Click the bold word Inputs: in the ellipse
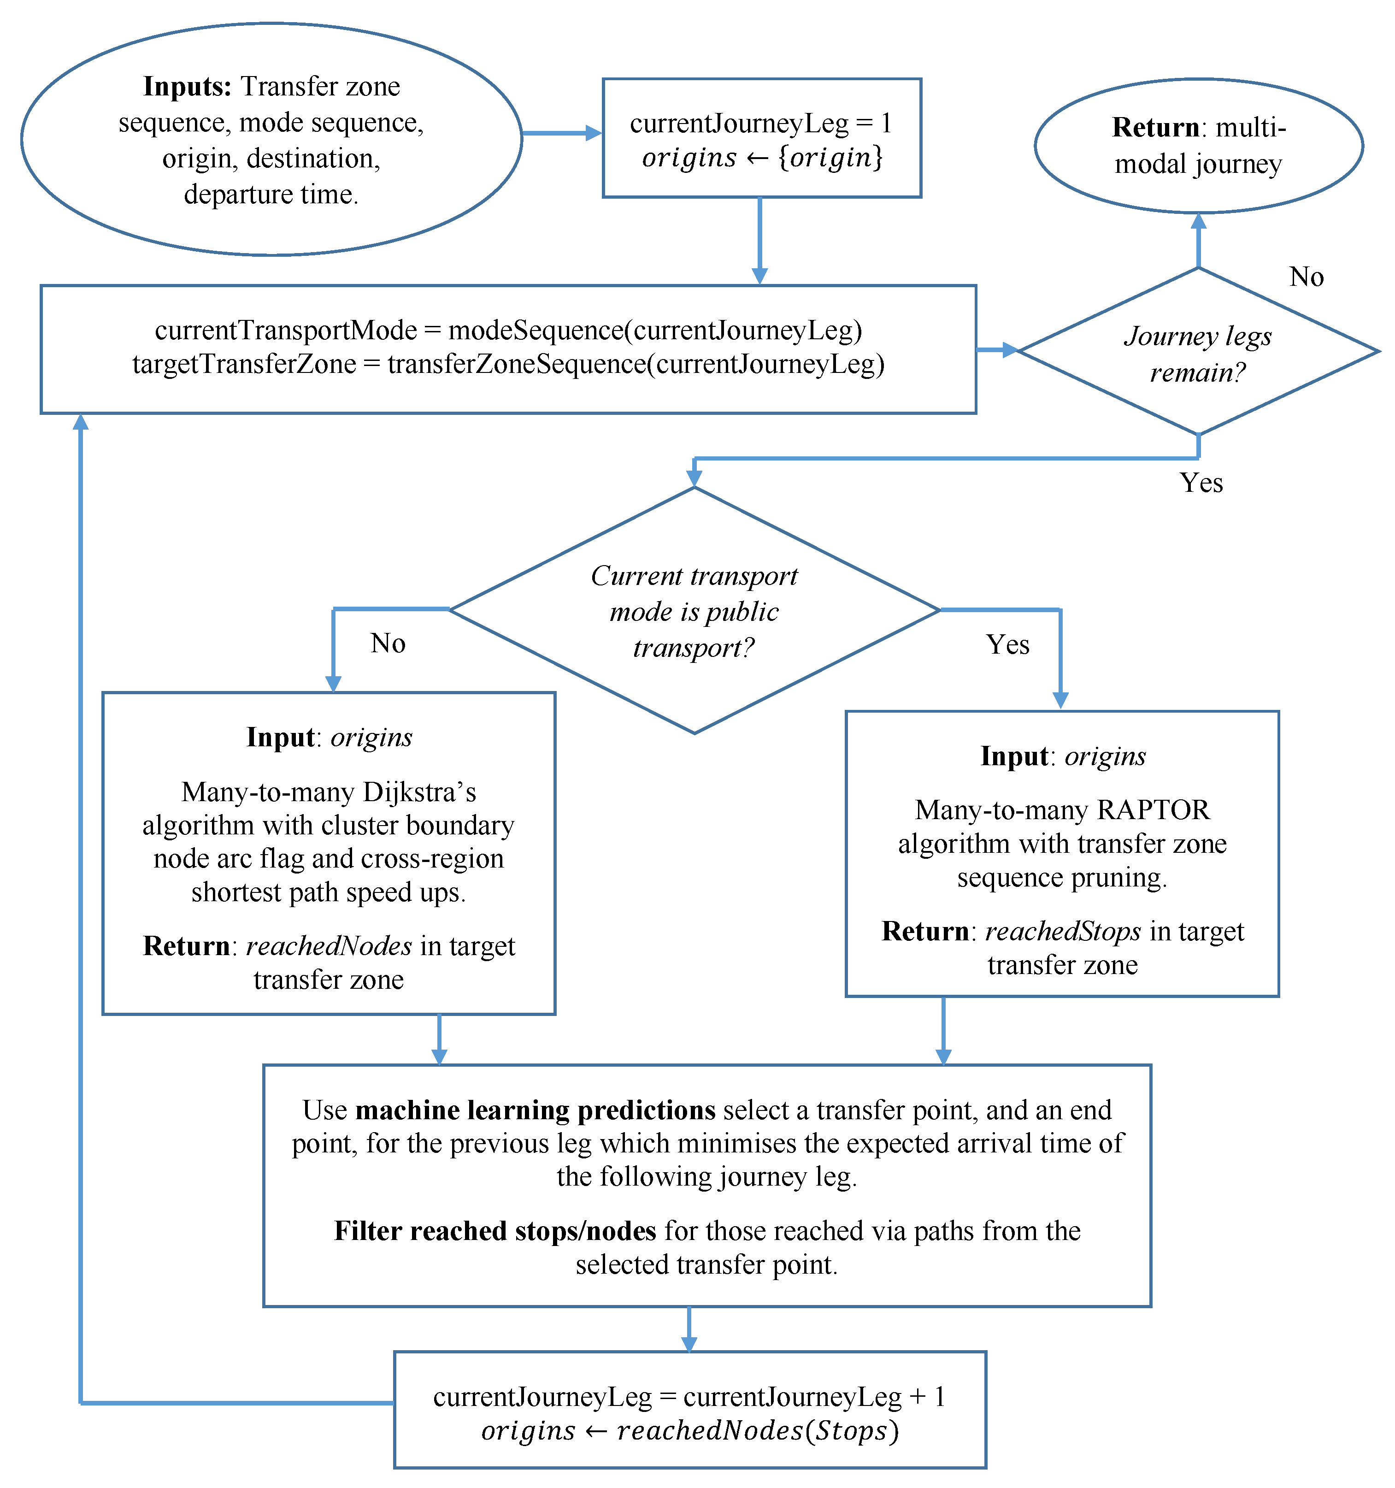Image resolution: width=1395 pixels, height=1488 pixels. point(187,87)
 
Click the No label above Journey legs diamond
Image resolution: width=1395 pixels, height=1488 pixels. point(1306,277)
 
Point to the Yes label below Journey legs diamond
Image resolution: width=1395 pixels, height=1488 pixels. point(1201,483)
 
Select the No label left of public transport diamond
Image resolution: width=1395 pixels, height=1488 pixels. point(388,644)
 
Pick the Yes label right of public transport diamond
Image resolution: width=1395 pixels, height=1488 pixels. point(1007,644)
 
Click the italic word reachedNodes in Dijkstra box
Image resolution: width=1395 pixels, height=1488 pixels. point(329,946)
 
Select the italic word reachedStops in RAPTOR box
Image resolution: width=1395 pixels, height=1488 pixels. point(1063,931)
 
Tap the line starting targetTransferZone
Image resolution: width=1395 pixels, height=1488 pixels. point(508,365)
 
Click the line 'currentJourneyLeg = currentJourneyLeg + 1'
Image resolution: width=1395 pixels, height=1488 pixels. point(689,1397)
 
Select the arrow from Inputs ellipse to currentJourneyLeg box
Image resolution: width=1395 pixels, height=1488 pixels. point(561,133)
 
